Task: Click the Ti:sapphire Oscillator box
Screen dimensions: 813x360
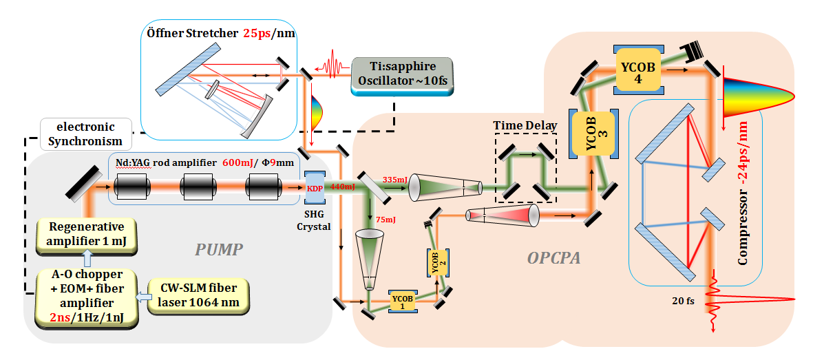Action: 401,76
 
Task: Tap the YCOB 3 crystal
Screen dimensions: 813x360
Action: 594,133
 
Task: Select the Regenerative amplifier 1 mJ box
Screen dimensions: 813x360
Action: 86,235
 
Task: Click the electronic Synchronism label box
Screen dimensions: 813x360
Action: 85,134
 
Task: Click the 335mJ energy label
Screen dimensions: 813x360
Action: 393,180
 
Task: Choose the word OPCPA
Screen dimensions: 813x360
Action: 553,257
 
